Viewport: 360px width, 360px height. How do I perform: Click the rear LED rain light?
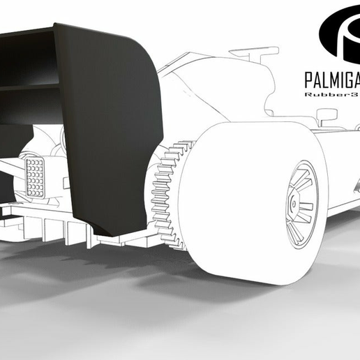[33, 175]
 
